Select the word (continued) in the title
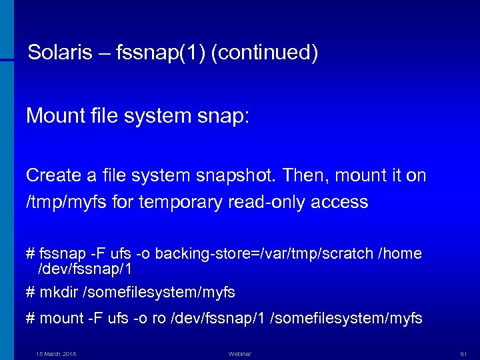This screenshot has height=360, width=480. [x=264, y=53]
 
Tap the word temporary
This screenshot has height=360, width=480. [x=173, y=202]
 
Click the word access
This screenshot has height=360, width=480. [x=343, y=202]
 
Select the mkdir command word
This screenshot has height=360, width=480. [x=58, y=293]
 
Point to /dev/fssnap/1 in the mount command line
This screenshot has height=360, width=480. [x=217, y=319]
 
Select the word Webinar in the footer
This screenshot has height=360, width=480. [x=239, y=353]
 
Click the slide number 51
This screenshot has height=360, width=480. [x=463, y=353]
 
